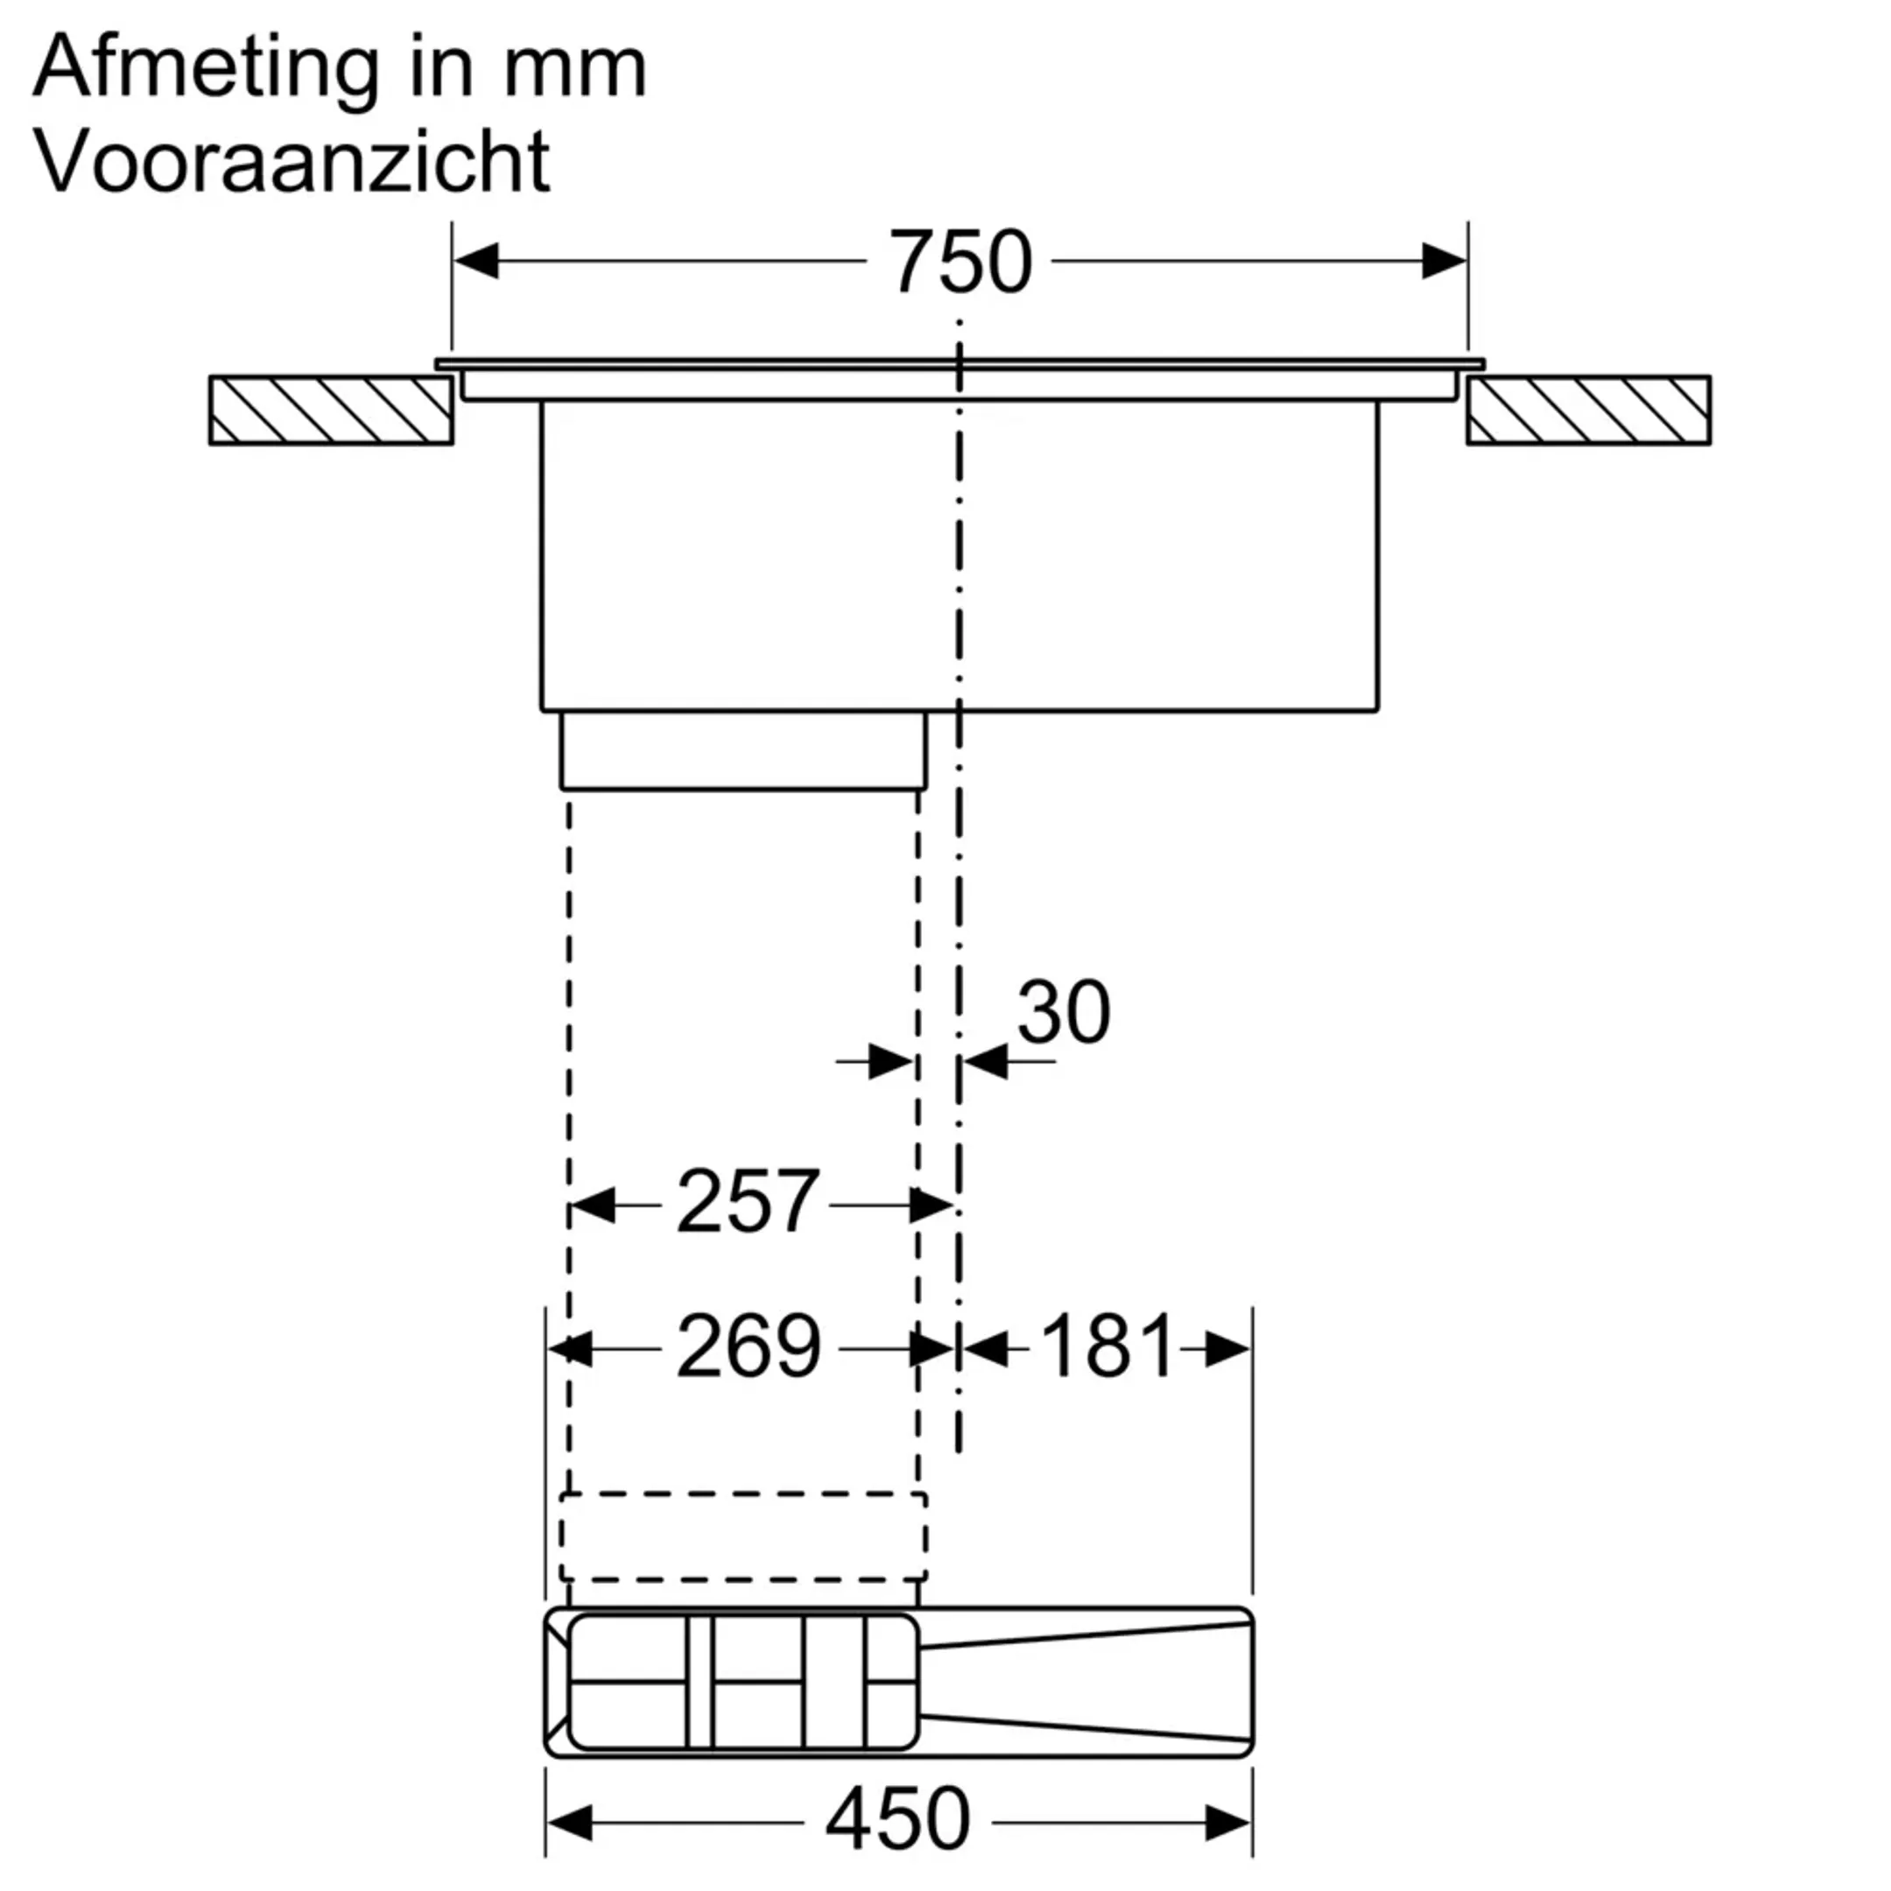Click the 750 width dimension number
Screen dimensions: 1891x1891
pyautogui.click(x=960, y=263)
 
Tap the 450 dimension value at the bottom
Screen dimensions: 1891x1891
pyautogui.click(x=896, y=1818)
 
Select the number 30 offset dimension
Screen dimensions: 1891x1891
pyautogui.click(x=1063, y=1012)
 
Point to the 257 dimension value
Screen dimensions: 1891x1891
pyautogui.click(x=747, y=1202)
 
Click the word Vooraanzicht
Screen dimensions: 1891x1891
pyautogui.click(x=292, y=160)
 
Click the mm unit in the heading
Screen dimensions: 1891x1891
pyautogui.click(x=575, y=68)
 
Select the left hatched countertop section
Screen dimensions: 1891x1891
pyautogui.click(x=331, y=410)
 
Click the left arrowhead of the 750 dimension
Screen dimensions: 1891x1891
pyautogui.click(x=476, y=263)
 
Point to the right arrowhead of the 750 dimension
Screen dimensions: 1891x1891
pyautogui.click(x=1444, y=263)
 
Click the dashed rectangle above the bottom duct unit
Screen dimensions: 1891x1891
pyautogui.click(x=743, y=1536)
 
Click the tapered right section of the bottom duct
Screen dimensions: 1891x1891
pyautogui.click(x=1086, y=1683)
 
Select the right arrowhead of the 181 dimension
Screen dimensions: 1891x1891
pyautogui.click(x=1228, y=1350)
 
